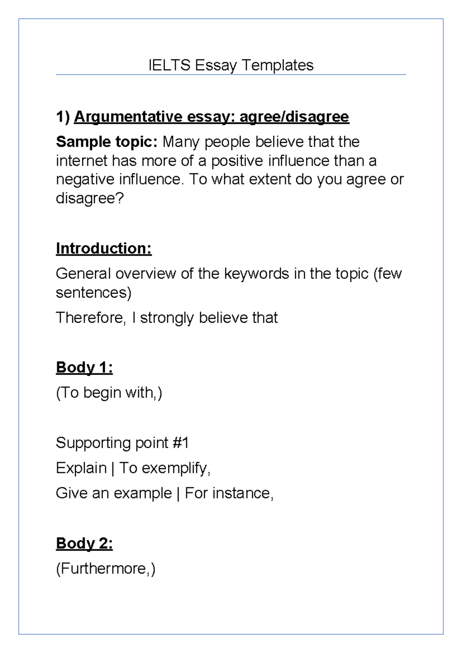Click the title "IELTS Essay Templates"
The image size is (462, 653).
coord(231,65)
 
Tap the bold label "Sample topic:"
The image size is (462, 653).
coord(107,142)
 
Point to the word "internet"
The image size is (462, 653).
coord(82,161)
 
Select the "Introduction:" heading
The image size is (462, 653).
coord(104,248)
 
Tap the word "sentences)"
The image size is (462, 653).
coord(94,293)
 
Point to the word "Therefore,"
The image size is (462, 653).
coord(91,318)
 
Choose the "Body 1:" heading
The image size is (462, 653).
coord(84,367)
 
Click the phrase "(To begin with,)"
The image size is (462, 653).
coord(109,393)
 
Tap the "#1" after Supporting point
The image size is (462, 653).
coord(181,443)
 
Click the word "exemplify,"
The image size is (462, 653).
coord(176,468)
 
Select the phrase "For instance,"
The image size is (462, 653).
coord(229,493)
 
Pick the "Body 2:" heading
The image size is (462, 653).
coord(84,543)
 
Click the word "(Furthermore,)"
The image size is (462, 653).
coord(106,569)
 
